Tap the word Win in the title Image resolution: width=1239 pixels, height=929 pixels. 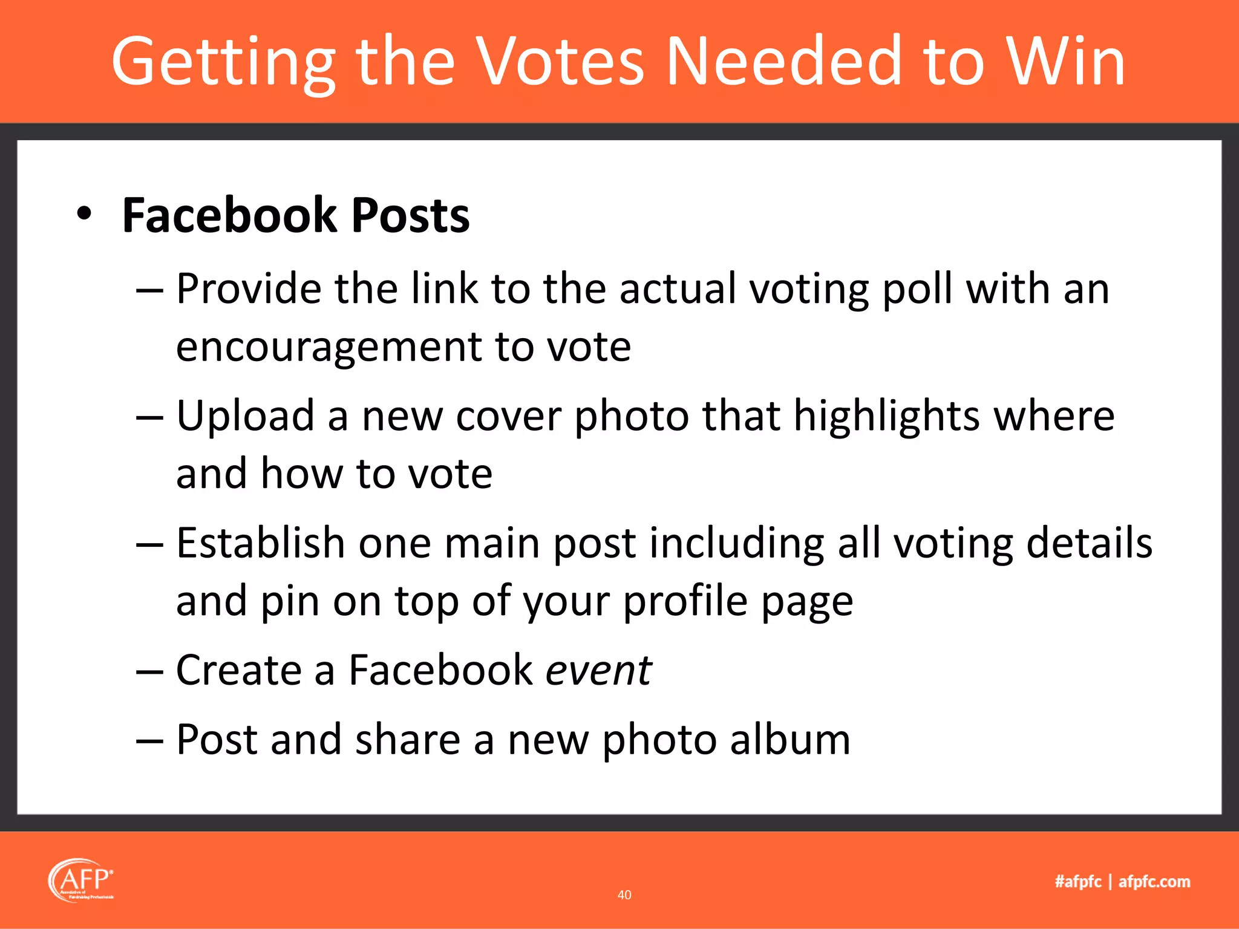pyautogui.click(x=1065, y=62)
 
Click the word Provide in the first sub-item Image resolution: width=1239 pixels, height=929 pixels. pyautogui.click(x=249, y=288)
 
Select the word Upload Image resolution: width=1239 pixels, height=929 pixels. pyautogui.click(x=245, y=417)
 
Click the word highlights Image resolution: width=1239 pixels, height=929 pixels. pyautogui.click(x=886, y=417)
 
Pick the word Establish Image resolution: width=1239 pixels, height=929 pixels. pyautogui.click(x=260, y=543)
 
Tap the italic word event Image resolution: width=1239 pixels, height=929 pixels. pyautogui.click(x=598, y=671)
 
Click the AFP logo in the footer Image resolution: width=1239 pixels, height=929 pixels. pyautogui.click(x=81, y=881)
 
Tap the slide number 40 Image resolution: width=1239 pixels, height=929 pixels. pyautogui.click(x=624, y=895)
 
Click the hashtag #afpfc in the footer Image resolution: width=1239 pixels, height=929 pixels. pyautogui.click(x=1078, y=882)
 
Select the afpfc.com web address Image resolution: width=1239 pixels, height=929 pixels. pyautogui.click(x=1154, y=882)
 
